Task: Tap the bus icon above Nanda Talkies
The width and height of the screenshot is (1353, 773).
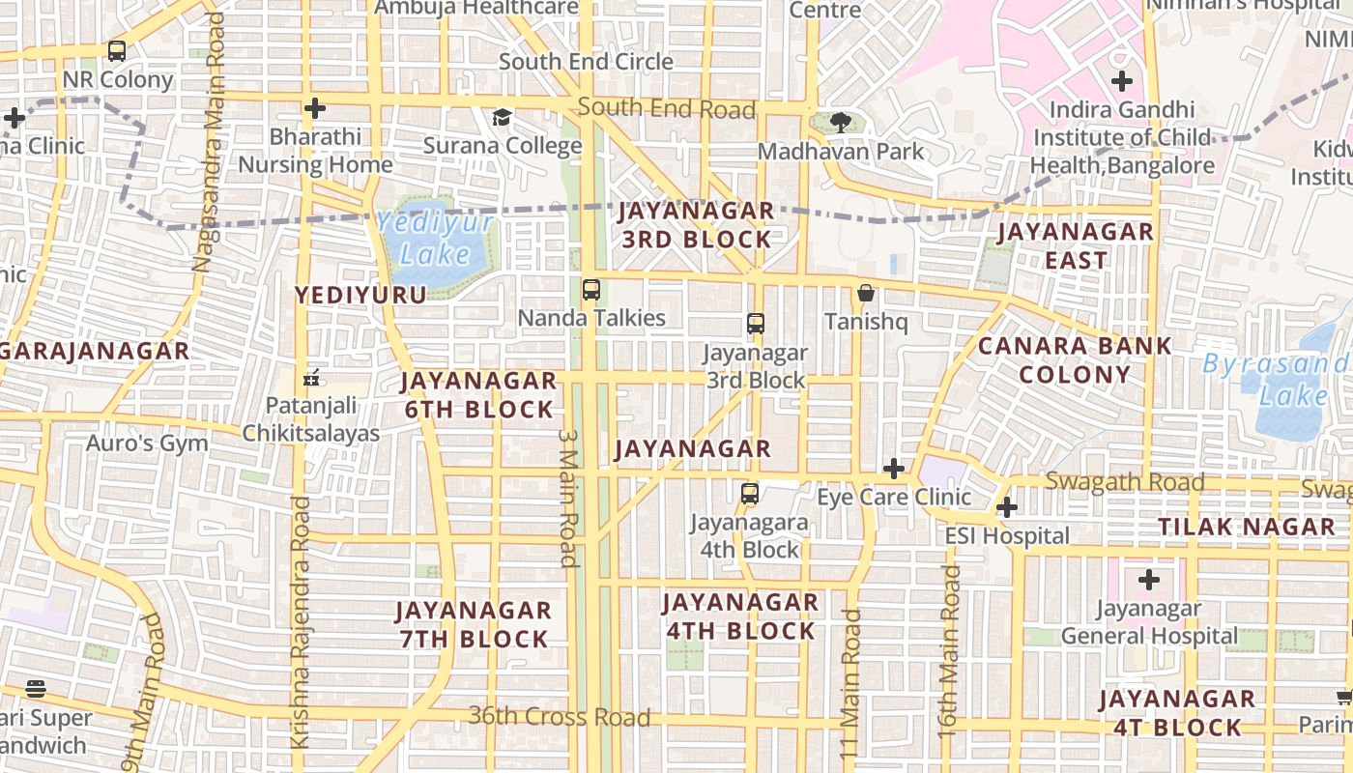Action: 590,289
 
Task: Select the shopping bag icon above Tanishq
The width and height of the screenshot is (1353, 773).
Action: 866,293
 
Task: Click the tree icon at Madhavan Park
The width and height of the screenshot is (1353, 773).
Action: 841,123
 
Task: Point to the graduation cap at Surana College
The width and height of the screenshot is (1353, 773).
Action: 502,118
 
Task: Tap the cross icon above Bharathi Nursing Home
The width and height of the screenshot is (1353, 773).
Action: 314,108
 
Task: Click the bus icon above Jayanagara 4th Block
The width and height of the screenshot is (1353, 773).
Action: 749,495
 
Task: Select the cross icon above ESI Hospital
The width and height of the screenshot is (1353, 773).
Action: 1007,507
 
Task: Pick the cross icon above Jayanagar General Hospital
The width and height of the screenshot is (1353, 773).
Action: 1148,581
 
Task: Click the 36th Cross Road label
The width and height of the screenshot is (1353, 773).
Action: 559,717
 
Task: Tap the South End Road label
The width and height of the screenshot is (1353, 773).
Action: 667,108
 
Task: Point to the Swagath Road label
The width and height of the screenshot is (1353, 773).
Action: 1125,481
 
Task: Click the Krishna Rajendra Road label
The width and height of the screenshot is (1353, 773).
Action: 302,622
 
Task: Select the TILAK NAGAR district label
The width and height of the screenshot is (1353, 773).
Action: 1247,527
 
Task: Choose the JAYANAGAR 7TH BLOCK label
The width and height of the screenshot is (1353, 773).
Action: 474,624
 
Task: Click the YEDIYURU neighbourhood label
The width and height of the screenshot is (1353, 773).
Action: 360,295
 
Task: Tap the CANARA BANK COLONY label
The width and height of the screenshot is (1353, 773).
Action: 1075,359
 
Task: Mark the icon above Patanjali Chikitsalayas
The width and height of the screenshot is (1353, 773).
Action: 310,378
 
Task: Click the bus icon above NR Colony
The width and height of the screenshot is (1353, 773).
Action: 117,51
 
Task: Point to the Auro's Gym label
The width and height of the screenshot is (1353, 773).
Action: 147,444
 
